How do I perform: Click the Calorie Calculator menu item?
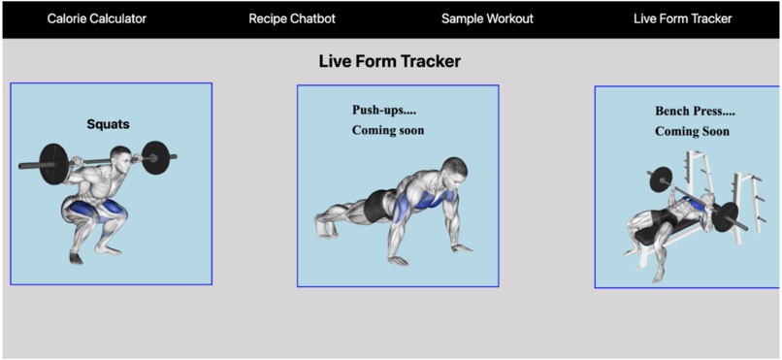(x=97, y=18)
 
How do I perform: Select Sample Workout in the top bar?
(x=487, y=18)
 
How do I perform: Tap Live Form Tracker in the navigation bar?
(x=682, y=18)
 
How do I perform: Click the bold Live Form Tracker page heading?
(x=389, y=61)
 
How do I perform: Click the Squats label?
(x=108, y=124)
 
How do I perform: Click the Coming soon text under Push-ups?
(x=387, y=130)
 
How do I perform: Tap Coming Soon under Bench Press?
(x=692, y=131)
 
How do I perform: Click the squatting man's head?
(x=120, y=156)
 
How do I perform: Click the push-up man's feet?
(x=324, y=225)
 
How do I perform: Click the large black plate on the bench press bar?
(x=660, y=179)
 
